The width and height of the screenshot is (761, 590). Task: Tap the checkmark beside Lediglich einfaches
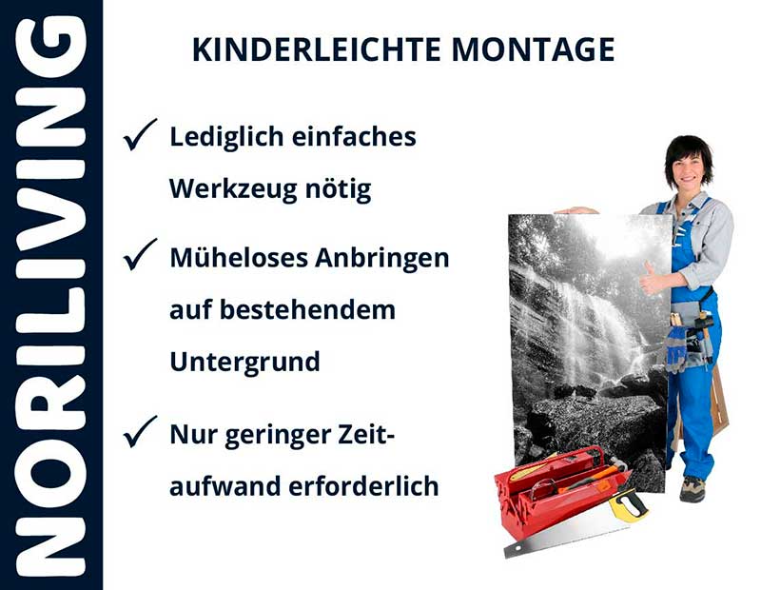click(141, 136)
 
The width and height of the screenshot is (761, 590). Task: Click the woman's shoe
click(693, 488)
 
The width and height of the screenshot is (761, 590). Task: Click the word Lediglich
click(227, 136)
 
